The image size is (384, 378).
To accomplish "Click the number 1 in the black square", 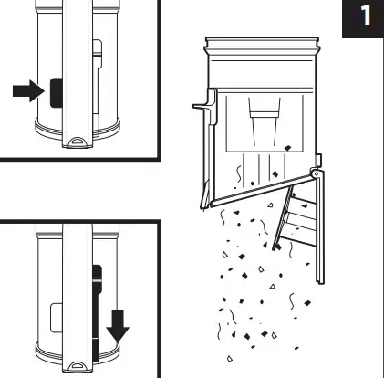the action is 366,16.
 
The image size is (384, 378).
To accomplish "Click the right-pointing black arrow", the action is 28,91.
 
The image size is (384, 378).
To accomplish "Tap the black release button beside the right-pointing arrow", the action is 57,93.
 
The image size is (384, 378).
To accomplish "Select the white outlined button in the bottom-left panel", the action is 57,318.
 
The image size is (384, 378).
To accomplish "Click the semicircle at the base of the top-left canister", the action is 78,142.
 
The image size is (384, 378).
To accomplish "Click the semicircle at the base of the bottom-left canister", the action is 78,365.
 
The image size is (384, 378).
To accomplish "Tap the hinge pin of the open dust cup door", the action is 317,173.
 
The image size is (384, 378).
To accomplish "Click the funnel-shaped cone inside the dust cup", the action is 265,121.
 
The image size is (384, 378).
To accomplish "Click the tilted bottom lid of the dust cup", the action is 263,190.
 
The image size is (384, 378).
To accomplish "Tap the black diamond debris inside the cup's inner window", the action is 287,148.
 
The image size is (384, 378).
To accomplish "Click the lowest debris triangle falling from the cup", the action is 230,359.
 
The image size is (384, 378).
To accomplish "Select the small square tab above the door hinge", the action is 318,161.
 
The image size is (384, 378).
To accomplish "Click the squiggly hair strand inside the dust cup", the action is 239,174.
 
